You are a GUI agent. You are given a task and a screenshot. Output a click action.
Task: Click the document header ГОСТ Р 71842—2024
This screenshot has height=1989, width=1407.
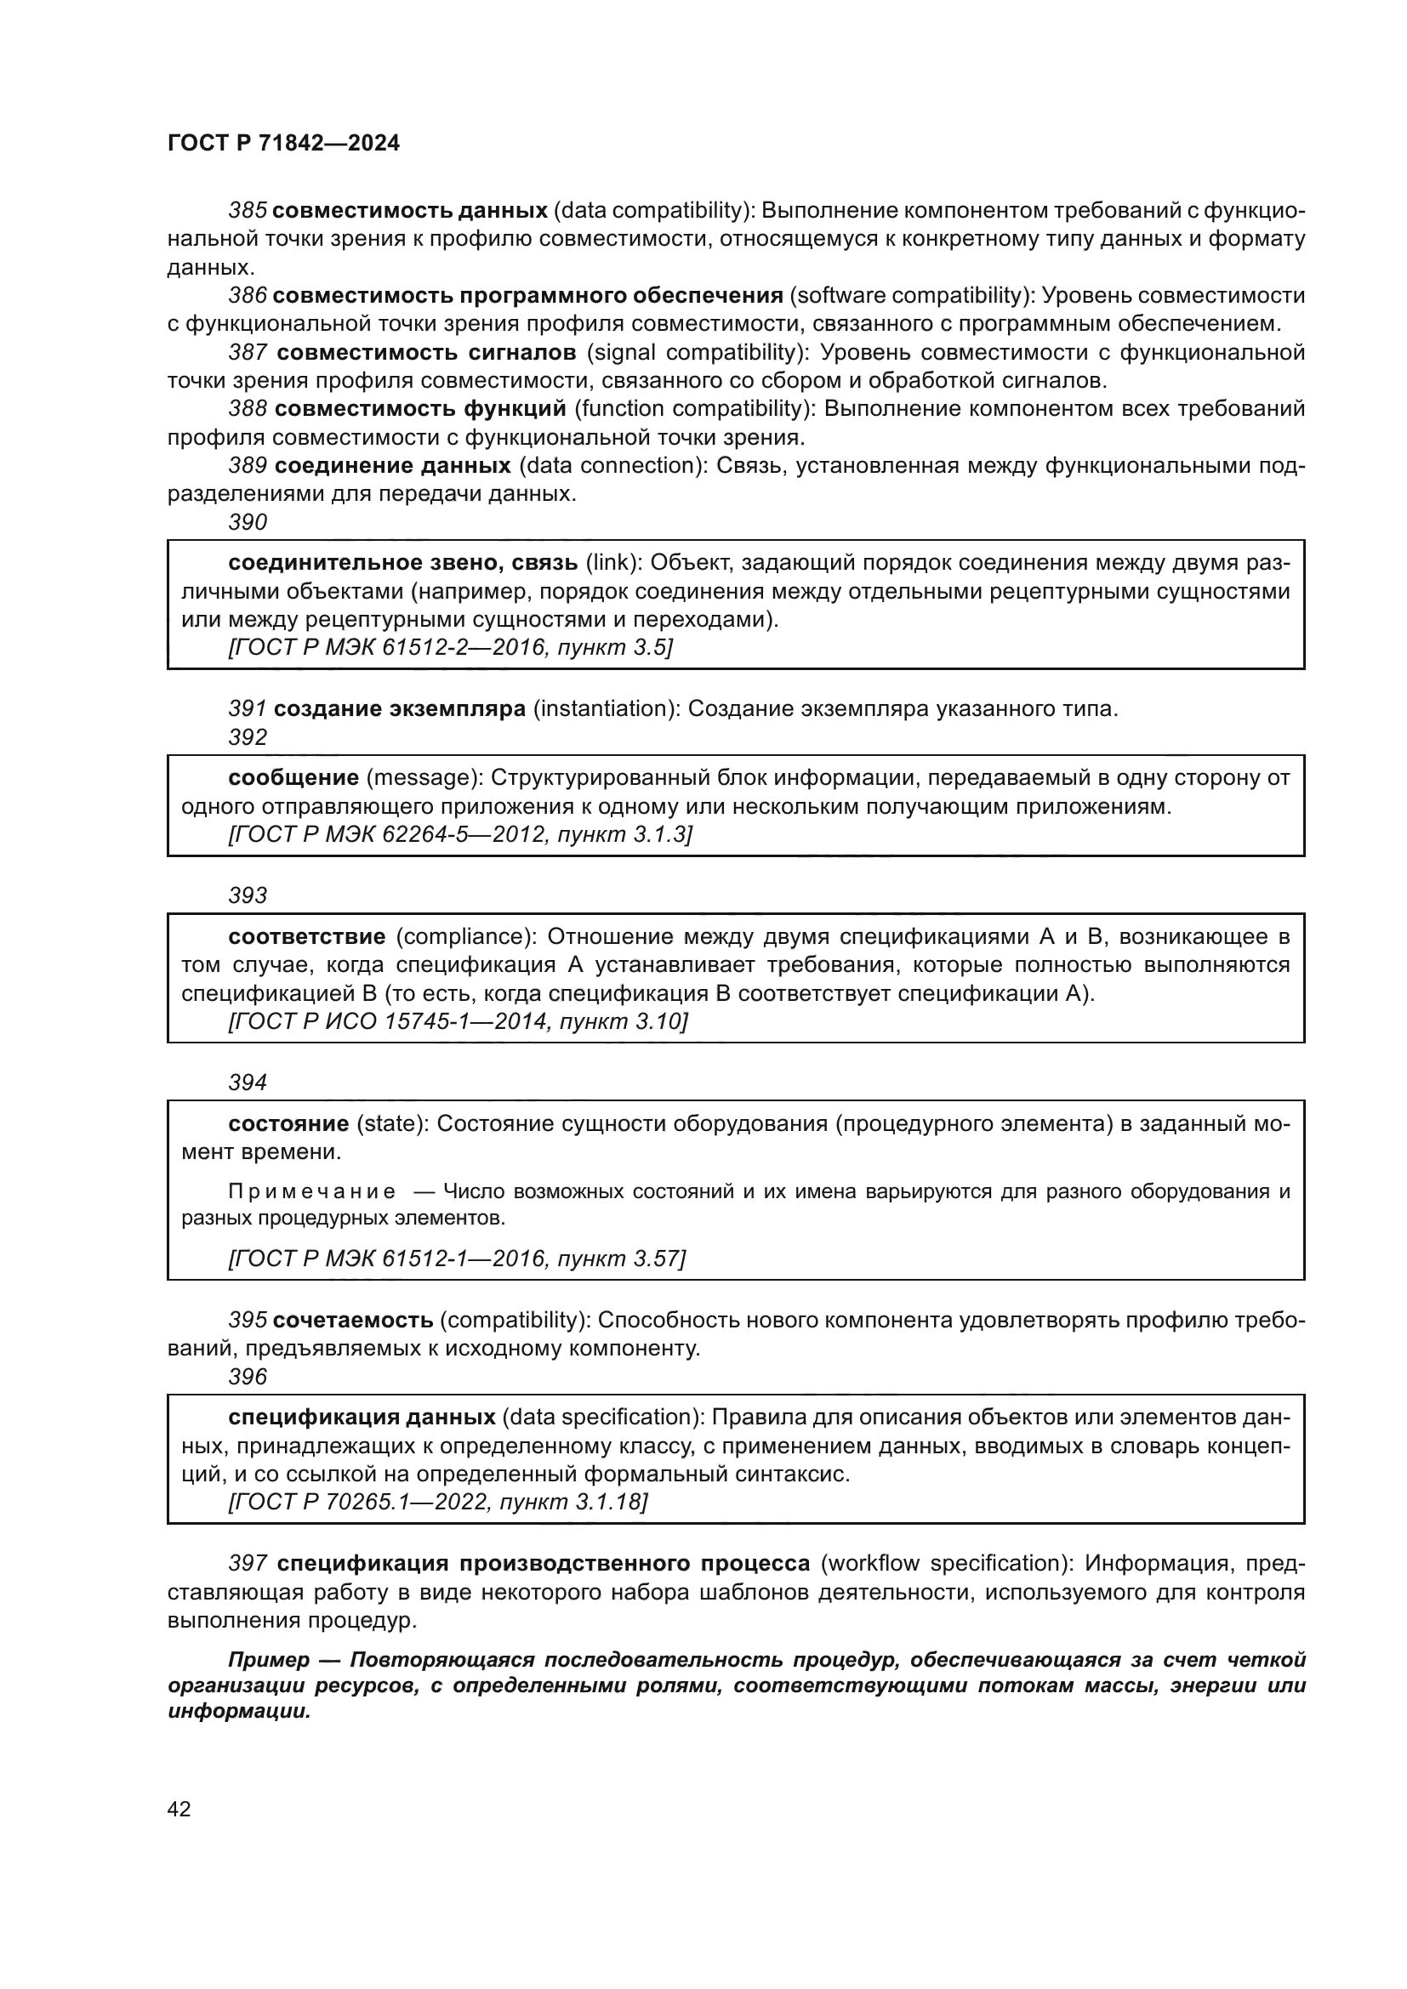point(283,144)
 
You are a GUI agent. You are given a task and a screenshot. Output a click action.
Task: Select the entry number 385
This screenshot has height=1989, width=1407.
point(247,211)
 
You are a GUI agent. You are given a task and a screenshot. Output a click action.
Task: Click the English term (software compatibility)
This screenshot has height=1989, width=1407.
point(911,295)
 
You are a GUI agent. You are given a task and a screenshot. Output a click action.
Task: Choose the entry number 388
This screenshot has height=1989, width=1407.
point(247,409)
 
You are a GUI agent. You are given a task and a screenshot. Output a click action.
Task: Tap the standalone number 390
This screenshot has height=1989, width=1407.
point(248,522)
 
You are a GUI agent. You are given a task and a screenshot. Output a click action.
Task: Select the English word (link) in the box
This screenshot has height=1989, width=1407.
point(613,563)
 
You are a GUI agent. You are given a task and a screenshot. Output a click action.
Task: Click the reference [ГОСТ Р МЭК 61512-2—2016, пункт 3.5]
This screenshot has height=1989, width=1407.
point(451,648)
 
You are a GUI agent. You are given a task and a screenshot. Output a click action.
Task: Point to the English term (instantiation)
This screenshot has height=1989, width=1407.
point(606,708)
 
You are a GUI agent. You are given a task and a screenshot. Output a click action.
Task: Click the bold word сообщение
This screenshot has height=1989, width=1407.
point(293,778)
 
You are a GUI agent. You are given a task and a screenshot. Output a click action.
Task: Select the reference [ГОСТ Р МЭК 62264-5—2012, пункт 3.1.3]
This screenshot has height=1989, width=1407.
point(460,835)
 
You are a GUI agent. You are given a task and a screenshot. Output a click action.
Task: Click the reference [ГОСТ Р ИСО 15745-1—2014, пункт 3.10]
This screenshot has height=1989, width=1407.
point(458,1022)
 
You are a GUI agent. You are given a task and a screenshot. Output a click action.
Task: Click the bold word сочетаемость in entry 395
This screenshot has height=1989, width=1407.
point(353,1321)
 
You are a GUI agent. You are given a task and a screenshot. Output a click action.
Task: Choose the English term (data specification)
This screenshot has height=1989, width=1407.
point(602,1418)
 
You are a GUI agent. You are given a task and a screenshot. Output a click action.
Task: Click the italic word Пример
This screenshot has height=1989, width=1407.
point(269,1660)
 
